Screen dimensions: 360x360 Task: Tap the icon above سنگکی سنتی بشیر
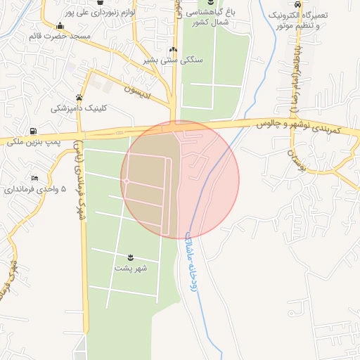click(173, 50)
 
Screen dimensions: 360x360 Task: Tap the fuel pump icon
click(33, 131)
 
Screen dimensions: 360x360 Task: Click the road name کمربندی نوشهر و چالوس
click(296, 127)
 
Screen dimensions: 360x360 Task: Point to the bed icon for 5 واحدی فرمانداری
click(34, 179)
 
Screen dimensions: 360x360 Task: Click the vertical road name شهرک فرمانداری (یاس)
click(80, 179)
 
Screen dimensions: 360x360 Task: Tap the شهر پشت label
click(131, 268)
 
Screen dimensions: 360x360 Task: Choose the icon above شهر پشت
click(131, 256)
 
